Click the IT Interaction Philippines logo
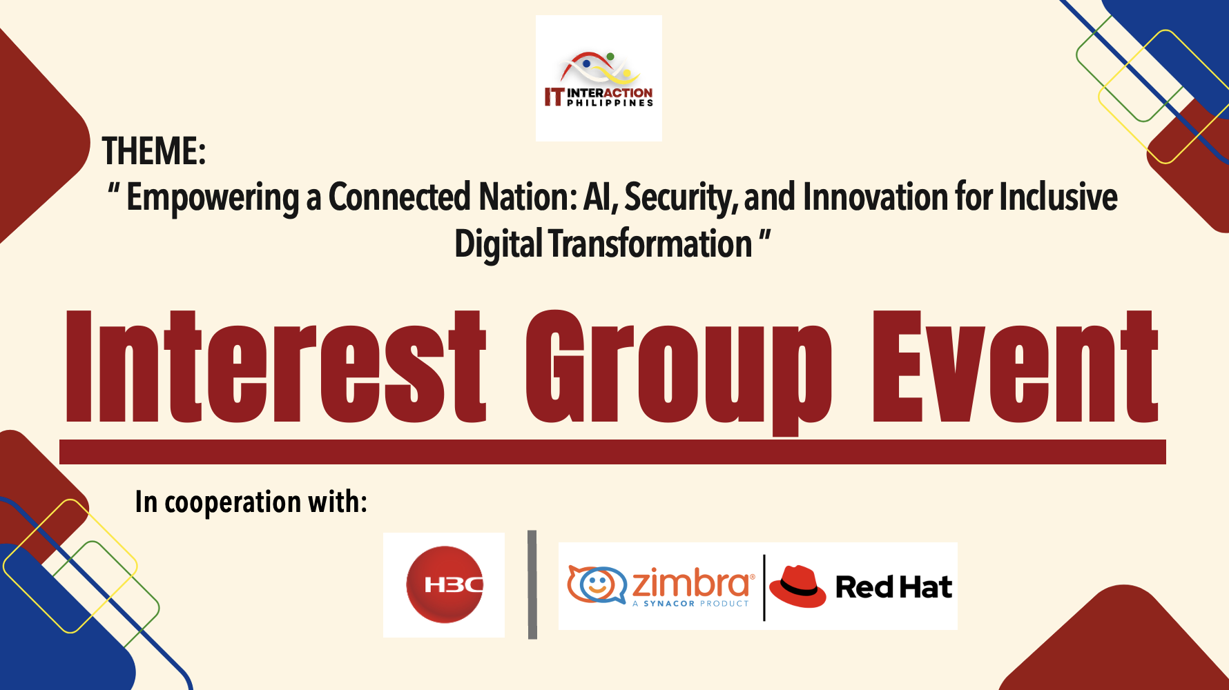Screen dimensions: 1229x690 point(599,79)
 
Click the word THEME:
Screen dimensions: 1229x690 point(154,150)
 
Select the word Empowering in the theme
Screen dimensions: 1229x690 point(213,198)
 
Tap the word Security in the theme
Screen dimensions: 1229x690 point(677,198)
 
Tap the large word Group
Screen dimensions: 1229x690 point(679,373)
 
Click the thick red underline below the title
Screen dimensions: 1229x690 point(612,452)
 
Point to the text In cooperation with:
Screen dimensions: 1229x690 point(251,502)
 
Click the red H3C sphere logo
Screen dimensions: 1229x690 point(444,585)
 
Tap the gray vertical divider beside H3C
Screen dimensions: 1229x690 point(532,584)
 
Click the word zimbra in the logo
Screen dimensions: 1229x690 point(691,582)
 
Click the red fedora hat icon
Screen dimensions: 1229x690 point(797,586)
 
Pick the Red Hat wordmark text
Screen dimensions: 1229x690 point(893,587)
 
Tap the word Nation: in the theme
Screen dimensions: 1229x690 point(528,197)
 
